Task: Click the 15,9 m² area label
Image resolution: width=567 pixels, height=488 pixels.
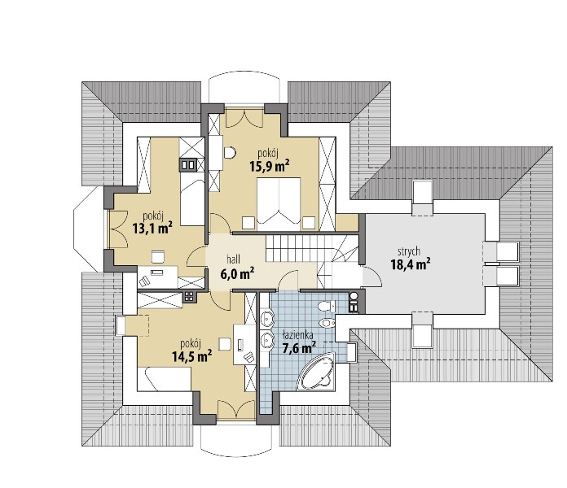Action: pyautogui.click(x=269, y=165)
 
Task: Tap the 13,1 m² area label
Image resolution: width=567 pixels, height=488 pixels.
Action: pyautogui.click(x=152, y=228)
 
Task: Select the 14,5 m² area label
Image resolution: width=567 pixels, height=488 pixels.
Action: pyautogui.click(x=191, y=356)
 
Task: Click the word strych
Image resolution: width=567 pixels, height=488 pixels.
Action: pyautogui.click(x=409, y=251)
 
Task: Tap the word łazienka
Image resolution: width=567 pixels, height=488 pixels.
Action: pyautogui.click(x=298, y=335)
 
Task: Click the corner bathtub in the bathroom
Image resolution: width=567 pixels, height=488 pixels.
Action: pyautogui.click(x=316, y=371)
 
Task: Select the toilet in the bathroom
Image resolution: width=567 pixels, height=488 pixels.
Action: pyautogui.click(x=327, y=307)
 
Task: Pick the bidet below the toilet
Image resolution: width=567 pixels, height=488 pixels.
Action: pyautogui.click(x=327, y=321)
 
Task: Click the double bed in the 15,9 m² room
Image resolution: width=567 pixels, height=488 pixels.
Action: pyautogui.click(x=279, y=203)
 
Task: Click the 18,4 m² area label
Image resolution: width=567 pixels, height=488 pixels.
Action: pyautogui.click(x=411, y=264)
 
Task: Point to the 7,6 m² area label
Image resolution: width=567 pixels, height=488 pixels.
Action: pyautogui.click(x=299, y=348)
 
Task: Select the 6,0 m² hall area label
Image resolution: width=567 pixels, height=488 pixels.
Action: pyautogui.click(x=237, y=273)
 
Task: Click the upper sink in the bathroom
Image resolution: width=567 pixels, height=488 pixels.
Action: pyautogui.click(x=267, y=318)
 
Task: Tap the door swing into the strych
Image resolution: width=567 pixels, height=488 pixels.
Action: pyautogui.click(x=372, y=277)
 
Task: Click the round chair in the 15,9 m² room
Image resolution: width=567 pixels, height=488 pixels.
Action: pyautogui.click(x=230, y=153)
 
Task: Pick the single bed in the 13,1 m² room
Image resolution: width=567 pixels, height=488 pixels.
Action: pyautogui.click(x=192, y=198)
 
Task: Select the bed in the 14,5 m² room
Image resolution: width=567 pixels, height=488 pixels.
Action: pyautogui.click(x=164, y=378)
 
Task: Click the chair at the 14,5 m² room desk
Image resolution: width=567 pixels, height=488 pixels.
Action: pyautogui.click(x=225, y=343)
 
